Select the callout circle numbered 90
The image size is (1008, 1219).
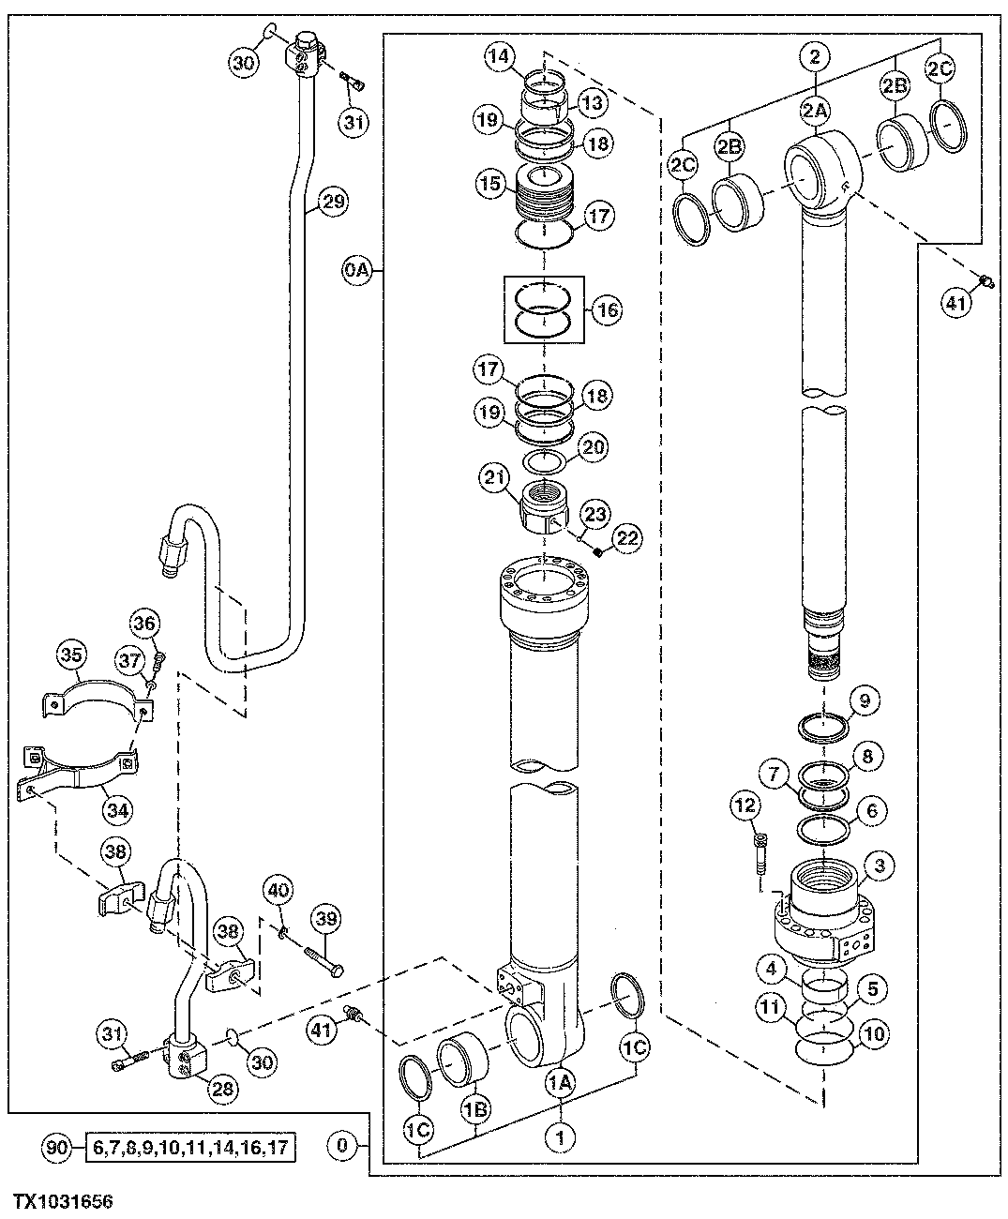point(56,1146)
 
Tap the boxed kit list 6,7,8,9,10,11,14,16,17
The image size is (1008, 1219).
point(190,1146)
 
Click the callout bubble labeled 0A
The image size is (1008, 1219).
point(357,273)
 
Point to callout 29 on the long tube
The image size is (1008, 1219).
point(334,201)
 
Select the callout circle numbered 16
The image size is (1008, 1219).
point(608,309)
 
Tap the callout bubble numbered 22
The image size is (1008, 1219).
point(627,536)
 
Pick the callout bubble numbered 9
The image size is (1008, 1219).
point(865,699)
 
